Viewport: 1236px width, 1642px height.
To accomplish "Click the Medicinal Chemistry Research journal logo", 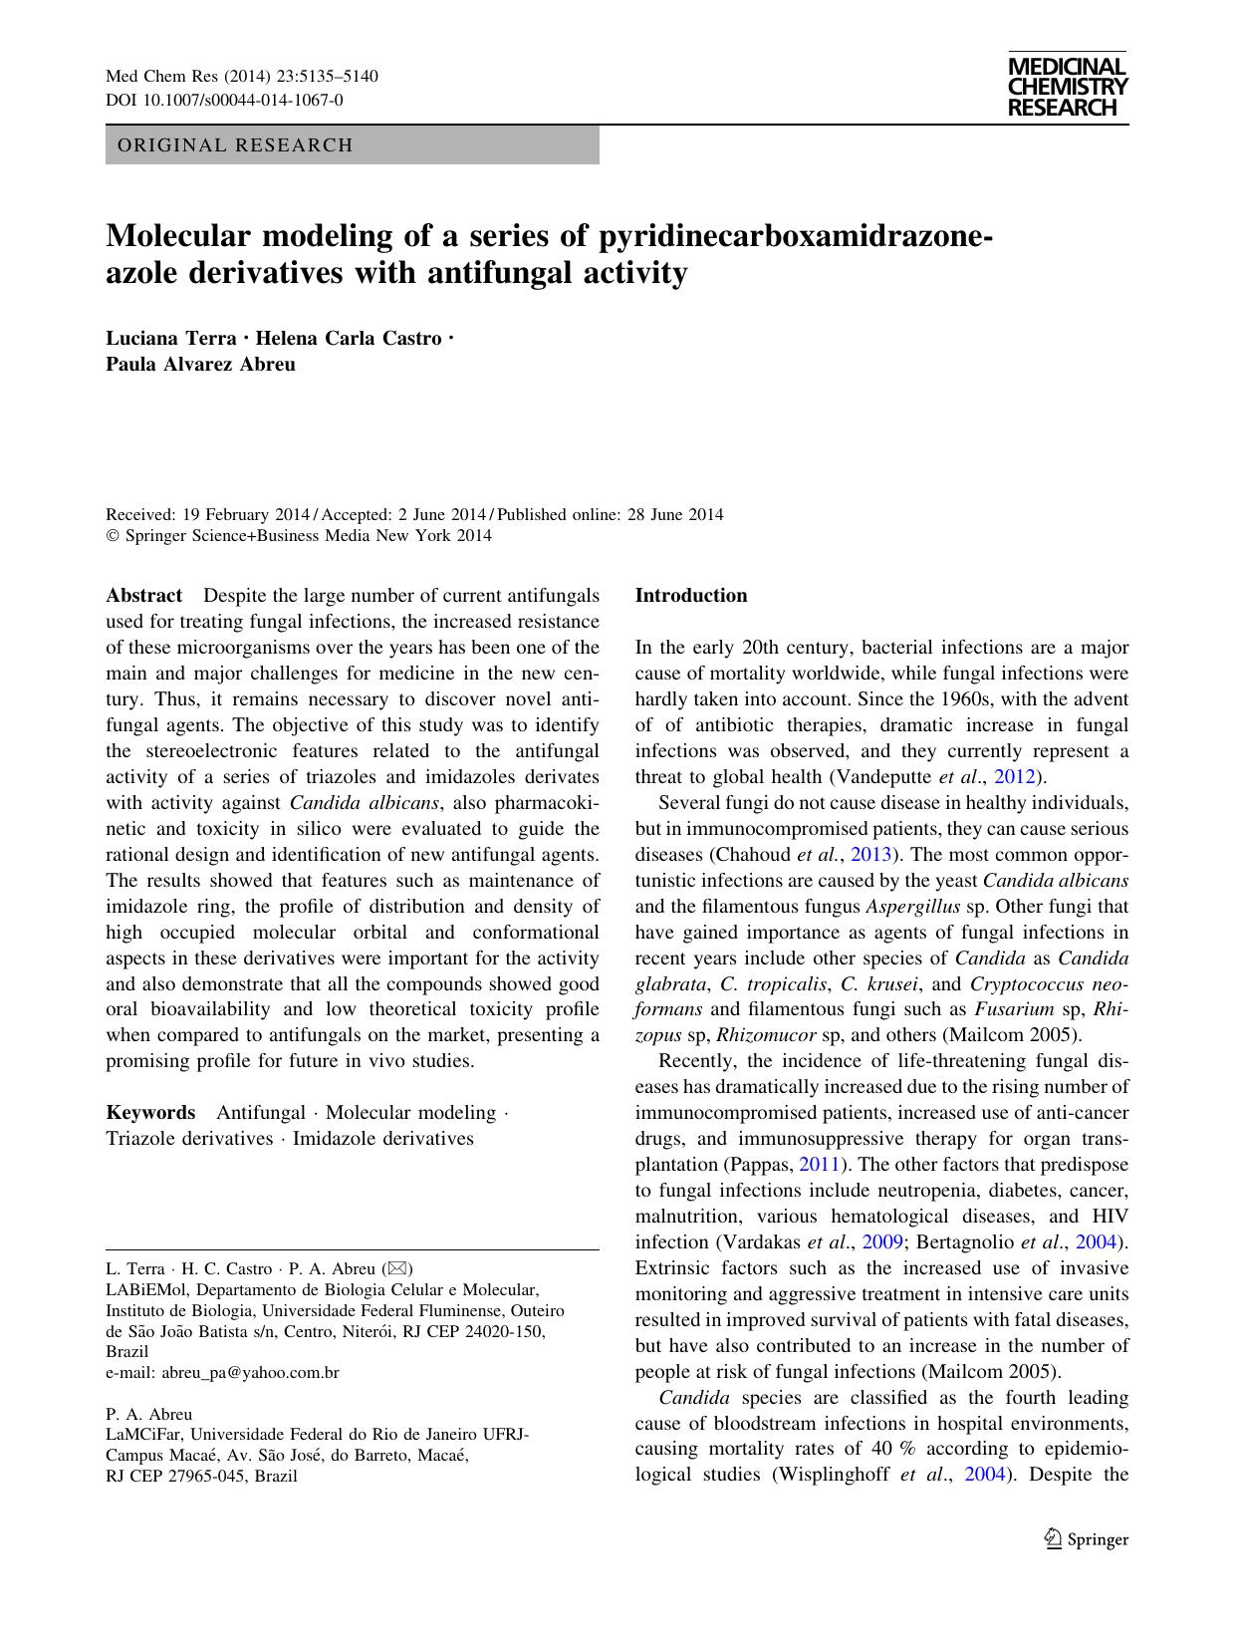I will click(x=1067, y=88).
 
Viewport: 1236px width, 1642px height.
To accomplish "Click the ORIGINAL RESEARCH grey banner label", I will click(x=235, y=145).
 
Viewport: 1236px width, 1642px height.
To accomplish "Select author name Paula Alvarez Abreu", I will click(x=200, y=364).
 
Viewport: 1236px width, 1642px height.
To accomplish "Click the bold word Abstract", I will click(x=144, y=596).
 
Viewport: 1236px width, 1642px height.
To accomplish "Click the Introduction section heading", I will click(x=690, y=596).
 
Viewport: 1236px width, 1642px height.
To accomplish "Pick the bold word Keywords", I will click(x=150, y=1113).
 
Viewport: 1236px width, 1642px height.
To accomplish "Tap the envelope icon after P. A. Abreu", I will click(x=396, y=1269).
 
